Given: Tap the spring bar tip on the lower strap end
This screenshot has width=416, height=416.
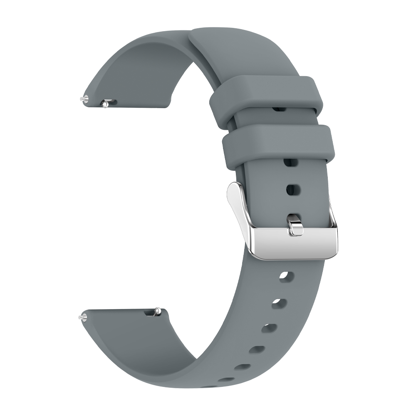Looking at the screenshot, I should coord(80,317).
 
